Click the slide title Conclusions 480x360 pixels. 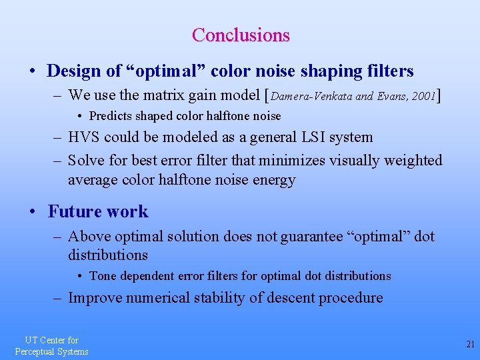click(x=240, y=35)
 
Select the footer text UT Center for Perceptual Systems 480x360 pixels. click(x=51, y=346)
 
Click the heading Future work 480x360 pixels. click(x=98, y=212)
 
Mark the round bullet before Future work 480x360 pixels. click(x=32, y=213)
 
